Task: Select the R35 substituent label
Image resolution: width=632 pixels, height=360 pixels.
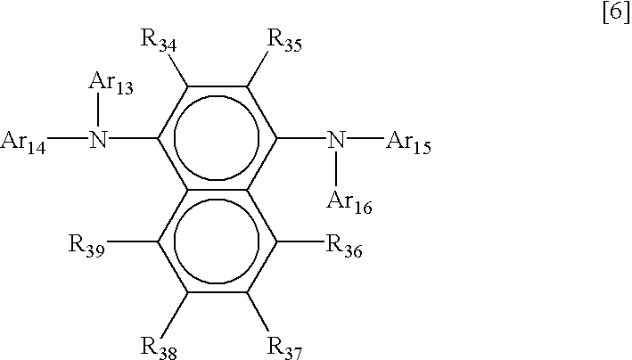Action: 285,41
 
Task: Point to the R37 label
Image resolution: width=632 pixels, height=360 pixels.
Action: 285,344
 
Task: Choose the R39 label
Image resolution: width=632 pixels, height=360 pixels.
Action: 89,245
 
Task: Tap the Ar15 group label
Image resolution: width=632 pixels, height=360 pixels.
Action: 409,143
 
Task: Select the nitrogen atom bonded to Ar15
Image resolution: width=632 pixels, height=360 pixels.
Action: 335,140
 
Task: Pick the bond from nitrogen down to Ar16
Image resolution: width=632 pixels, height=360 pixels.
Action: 336,169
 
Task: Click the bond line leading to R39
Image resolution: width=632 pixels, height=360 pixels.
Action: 135,241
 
